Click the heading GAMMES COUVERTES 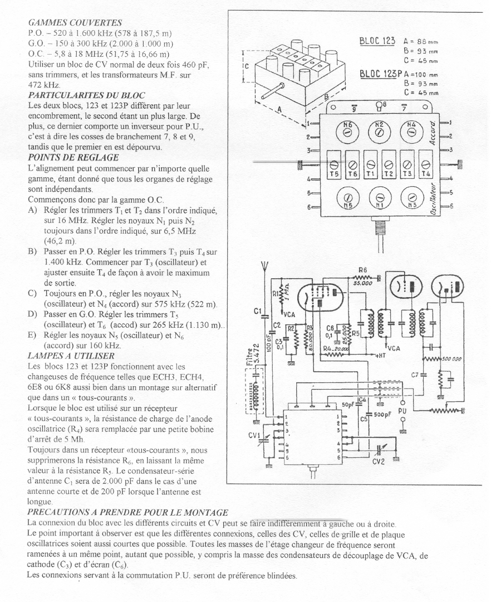75,23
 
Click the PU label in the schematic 403,409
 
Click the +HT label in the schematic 379,355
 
